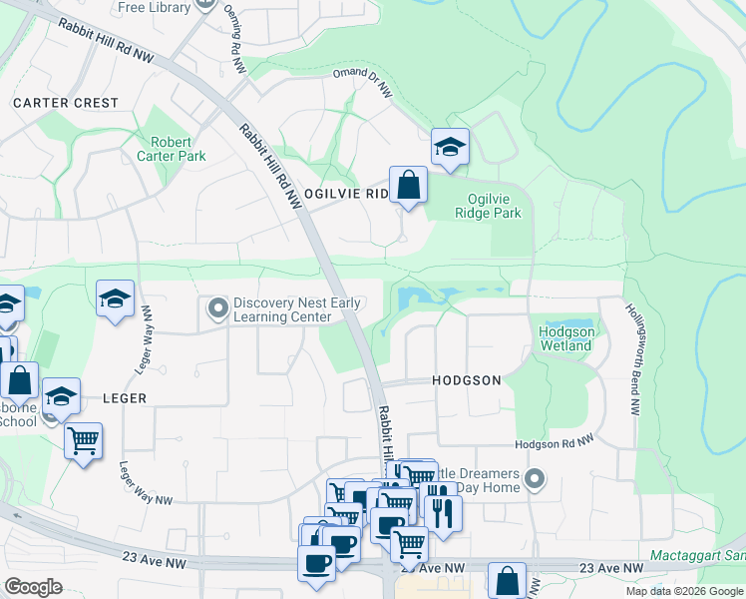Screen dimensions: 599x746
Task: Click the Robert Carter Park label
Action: point(171,149)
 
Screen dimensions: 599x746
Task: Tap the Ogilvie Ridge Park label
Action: point(488,206)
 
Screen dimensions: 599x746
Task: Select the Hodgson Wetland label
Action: point(565,338)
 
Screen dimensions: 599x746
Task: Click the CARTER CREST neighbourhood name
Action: point(66,103)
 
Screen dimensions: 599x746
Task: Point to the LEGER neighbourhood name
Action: point(125,398)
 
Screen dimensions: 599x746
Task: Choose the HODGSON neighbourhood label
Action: point(466,380)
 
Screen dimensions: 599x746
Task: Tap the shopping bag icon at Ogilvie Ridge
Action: point(408,186)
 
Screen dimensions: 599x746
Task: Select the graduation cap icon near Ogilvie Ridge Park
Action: point(450,148)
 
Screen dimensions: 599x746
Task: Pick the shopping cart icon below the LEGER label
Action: point(83,439)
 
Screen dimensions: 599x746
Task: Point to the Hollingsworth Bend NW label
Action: point(632,359)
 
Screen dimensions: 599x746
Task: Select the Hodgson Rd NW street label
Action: point(555,441)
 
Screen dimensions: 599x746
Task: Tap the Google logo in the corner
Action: point(33,587)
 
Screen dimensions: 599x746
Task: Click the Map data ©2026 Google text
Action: point(683,591)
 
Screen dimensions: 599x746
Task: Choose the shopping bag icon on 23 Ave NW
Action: point(507,580)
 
